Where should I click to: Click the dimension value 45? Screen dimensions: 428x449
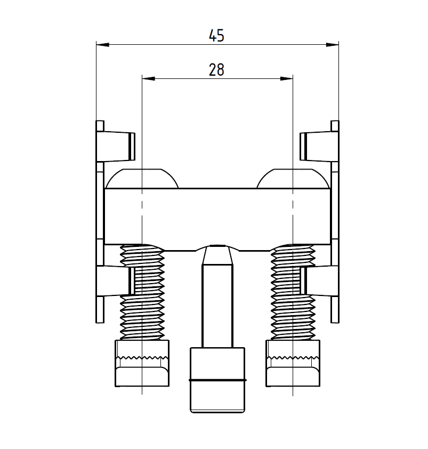point(216,36)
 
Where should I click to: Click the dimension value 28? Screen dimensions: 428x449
point(216,69)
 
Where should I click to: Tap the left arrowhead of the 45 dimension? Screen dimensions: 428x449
point(102,45)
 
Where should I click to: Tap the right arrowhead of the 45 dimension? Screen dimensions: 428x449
point(333,45)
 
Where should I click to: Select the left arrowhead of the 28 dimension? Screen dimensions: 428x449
point(148,78)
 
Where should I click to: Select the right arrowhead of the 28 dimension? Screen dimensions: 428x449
point(287,78)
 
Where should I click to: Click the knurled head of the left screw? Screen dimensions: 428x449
point(142,363)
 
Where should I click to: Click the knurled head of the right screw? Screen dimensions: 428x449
point(293,363)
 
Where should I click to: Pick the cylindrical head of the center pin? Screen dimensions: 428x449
point(217,380)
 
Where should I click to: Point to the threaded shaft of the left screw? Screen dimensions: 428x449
point(142,292)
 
